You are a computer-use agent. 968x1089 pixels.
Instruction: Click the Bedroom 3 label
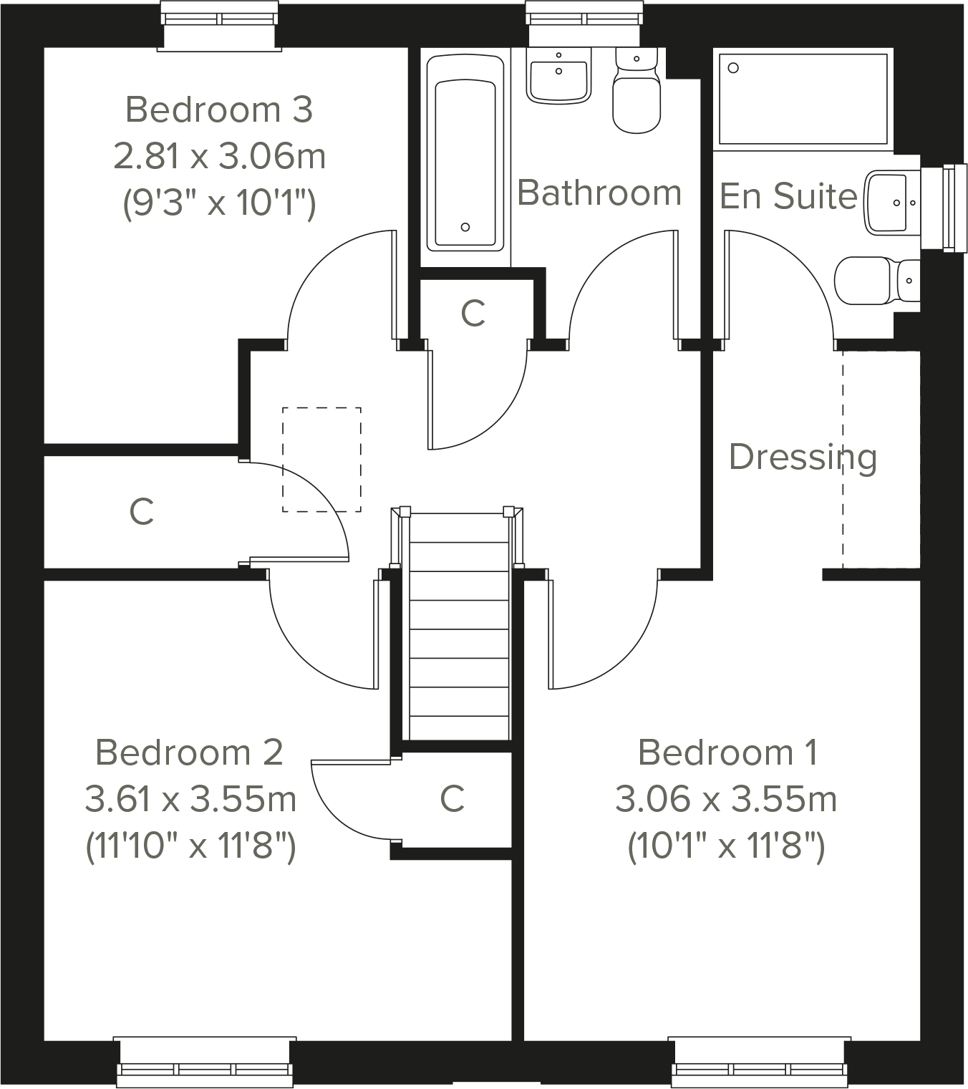(x=219, y=110)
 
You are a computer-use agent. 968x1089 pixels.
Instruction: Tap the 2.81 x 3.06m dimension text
(x=219, y=156)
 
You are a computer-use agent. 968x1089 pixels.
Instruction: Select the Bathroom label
(x=599, y=193)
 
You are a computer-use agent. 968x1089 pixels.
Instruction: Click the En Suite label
(x=788, y=196)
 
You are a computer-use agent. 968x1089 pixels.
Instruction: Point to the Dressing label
(x=802, y=457)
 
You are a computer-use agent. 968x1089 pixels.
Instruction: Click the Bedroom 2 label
(x=189, y=752)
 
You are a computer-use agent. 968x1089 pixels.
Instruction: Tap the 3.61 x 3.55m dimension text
(x=190, y=799)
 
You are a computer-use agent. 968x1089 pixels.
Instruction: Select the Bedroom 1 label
(x=727, y=752)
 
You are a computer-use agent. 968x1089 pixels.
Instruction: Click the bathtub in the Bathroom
(x=465, y=154)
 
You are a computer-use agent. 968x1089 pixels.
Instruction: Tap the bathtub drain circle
(x=465, y=227)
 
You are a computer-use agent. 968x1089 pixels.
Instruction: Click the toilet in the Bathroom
(x=636, y=100)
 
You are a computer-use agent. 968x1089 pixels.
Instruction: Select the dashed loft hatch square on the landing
(x=321, y=460)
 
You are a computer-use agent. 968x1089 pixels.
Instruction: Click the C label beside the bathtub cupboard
(x=473, y=312)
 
